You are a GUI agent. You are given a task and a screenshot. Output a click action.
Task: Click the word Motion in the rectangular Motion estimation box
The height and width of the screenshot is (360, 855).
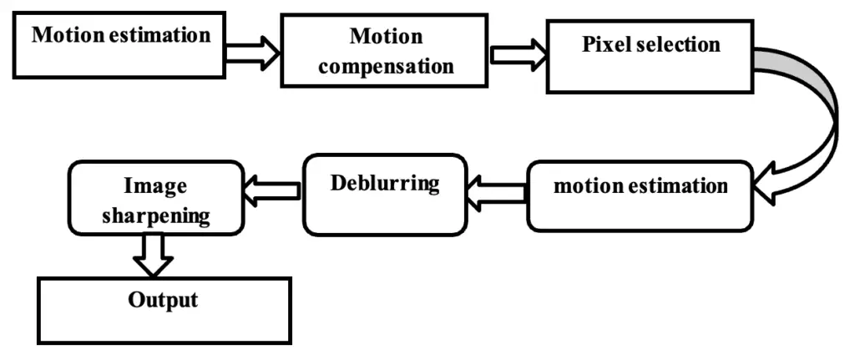66,36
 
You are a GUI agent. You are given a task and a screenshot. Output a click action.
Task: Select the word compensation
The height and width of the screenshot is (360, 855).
386,66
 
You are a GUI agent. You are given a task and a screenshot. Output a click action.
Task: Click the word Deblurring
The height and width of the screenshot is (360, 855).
384,183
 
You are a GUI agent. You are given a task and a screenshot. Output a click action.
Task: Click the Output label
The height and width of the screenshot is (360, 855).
163,299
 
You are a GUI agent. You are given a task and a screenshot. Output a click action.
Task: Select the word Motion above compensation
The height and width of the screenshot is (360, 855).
386,37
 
